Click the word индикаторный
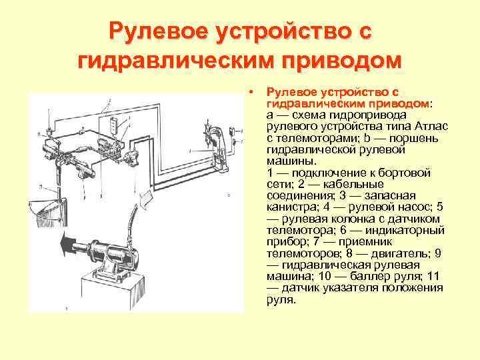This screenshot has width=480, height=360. click(x=411, y=231)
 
